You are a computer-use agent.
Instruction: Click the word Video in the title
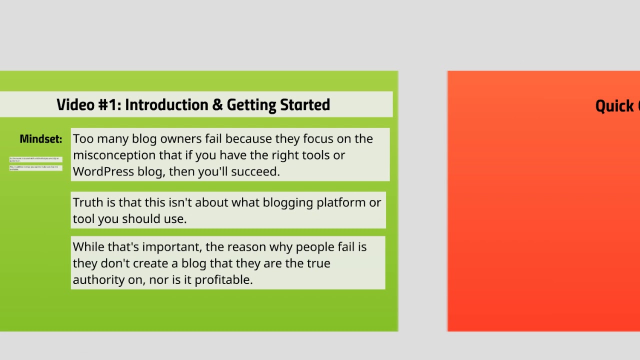click(x=75, y=105)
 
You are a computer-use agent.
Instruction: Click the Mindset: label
click(x=41, y=139)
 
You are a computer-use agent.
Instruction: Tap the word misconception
click(x=114, y=155)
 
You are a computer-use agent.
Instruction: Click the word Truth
click(x=87, y=202)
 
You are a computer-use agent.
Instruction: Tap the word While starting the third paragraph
click(x=88, y=247)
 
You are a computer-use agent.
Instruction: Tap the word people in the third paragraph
click(x=316, y=247)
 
